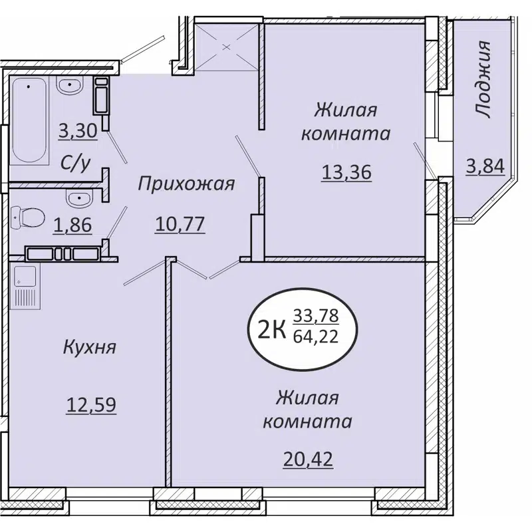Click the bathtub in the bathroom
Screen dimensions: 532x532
pyautogui.click(x=30, y=120)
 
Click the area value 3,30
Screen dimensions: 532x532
pyautogui.click(x=78, y=131)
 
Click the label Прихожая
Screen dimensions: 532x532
pyautogui.click(x=186, y=184)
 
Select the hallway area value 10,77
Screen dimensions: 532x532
pyautogui.click(x=180, y=225)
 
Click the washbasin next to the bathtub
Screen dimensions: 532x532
pyautogui.click(x=68, y=86)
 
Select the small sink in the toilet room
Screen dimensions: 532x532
pyautogui.click(x=79, y=197)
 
